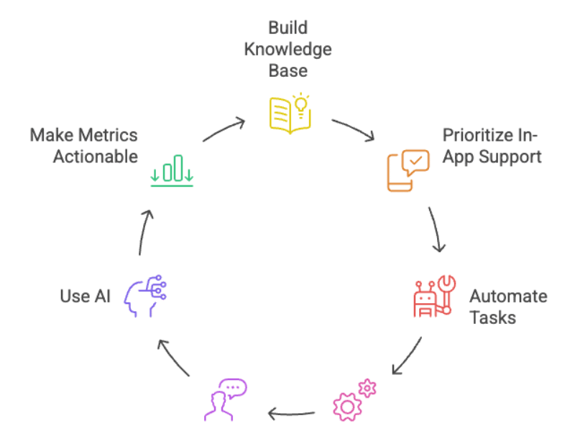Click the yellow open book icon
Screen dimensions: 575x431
point(290,114)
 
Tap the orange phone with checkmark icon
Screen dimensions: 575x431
point(408,170)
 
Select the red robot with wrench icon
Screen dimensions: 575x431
point(435,296)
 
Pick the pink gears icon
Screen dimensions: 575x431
point(354,399)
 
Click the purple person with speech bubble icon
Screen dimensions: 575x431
point(225,399)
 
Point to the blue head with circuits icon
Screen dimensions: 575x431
point(145,296)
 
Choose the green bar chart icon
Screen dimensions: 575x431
point(172,170)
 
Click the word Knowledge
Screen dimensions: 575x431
point(288,50)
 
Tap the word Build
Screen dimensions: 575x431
point(288,28)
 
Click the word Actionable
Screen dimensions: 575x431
point(96,157)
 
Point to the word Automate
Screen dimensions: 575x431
point(508,296)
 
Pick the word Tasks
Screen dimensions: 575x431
point(493,318)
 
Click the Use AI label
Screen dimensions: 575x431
point(85,296)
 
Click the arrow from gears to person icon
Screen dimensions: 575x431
point(292,414)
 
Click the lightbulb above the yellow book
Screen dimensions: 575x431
point(301,105)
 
